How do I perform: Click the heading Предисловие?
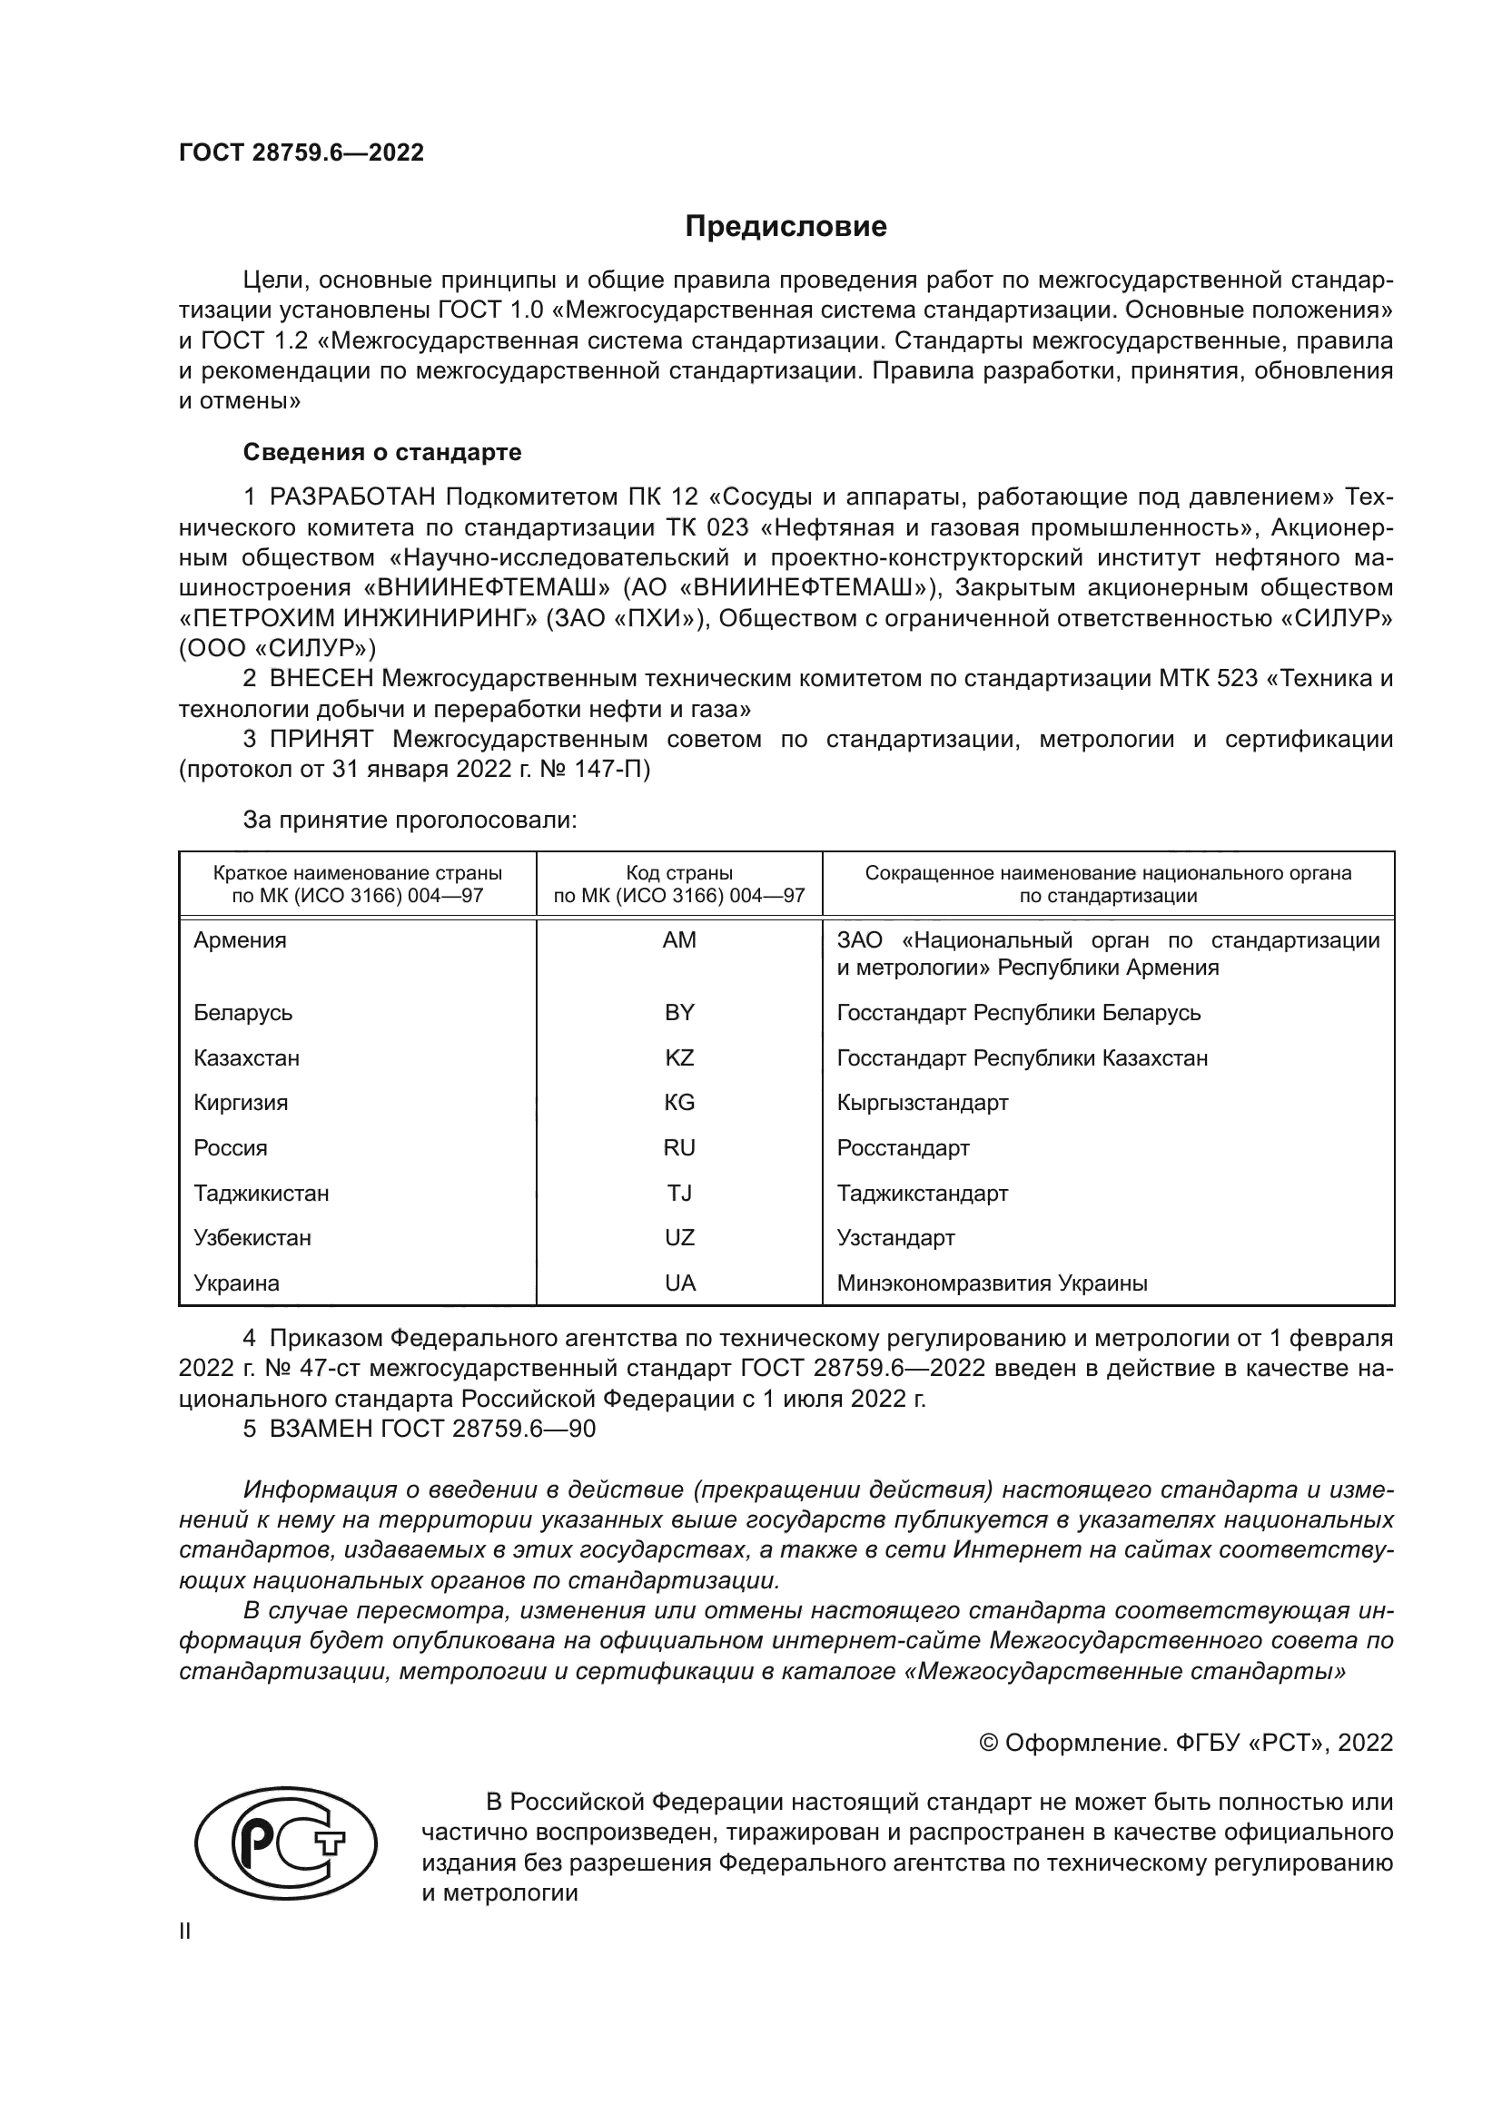[786, 227]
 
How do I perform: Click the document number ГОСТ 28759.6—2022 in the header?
[301, 152]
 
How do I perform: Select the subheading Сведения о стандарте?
[382, 452]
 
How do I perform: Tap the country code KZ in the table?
[679, 1057]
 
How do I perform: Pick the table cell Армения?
[241, 940]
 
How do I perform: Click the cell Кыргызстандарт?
[922, 1103]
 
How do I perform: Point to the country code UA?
[679, 1283]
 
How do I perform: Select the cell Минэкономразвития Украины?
[992, 1283]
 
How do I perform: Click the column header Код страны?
[679, 873]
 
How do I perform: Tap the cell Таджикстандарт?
[922, 1194]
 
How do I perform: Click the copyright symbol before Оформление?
[988, 1743]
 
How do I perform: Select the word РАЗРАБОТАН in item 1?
[352, 497]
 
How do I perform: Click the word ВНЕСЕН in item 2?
[321, 679]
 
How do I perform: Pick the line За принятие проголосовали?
[410, 821]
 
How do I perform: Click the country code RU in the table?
[679, 1148]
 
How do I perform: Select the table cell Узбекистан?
[252, 1238]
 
